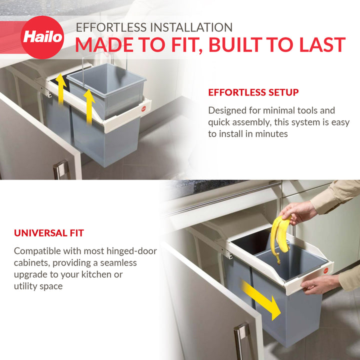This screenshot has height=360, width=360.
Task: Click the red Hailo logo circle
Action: click(x=42, y=37)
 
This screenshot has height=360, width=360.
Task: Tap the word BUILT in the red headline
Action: click(x=238, y=45)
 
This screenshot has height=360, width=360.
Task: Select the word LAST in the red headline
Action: click(x=320, y=45)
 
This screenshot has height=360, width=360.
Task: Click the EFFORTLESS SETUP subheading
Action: click(x=253, y=92)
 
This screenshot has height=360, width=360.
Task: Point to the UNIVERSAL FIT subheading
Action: click(x=49, y=233)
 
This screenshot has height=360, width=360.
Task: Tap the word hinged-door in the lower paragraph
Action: click(x=131, y=250)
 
